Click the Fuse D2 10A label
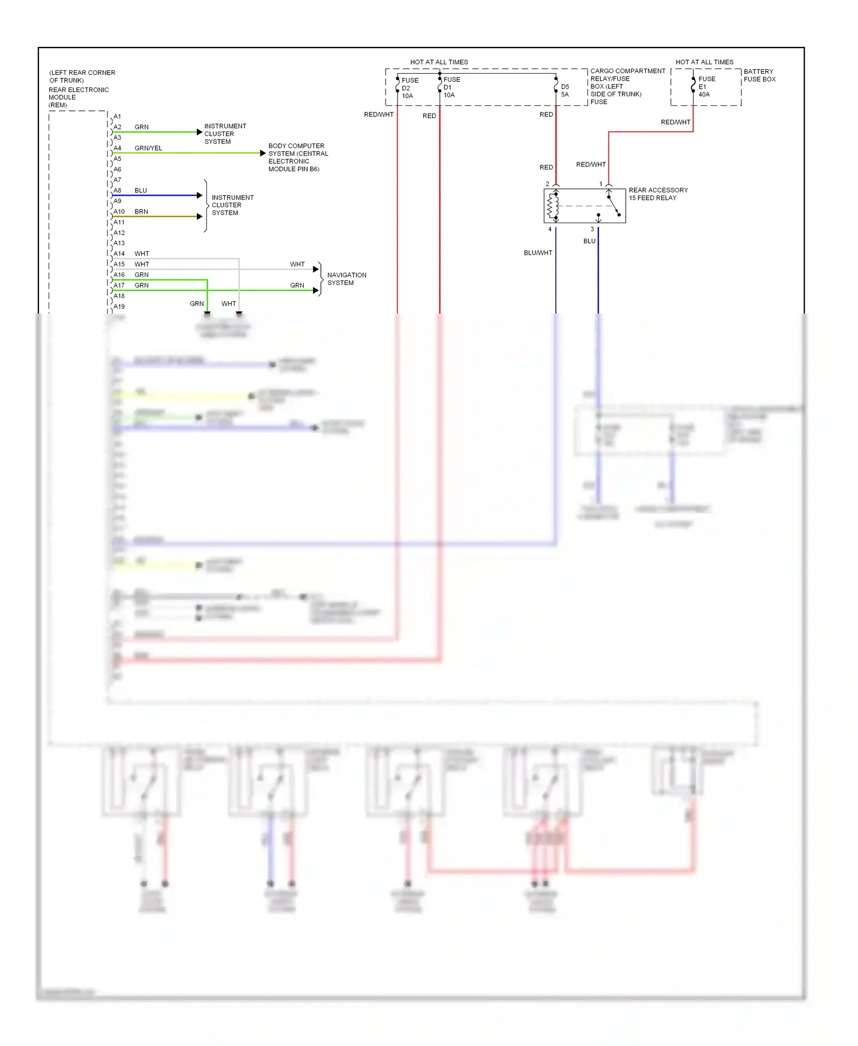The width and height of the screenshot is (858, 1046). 409,88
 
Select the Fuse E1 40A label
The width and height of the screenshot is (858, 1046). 706,86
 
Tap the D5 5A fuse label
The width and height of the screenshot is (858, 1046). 565,90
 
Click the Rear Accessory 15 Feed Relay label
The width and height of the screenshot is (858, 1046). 658,194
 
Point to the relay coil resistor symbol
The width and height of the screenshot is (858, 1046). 553,206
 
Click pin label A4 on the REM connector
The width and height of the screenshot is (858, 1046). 117,148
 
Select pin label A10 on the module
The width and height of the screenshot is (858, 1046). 119,212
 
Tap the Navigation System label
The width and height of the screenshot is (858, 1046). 347,279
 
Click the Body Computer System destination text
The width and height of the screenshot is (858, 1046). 297,157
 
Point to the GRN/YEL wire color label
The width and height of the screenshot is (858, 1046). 148,148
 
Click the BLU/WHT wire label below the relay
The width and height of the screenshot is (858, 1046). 538,253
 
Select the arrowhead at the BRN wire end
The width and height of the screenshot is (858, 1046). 200,216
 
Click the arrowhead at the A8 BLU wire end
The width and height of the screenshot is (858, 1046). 200,195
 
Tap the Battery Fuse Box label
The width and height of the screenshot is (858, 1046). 759,76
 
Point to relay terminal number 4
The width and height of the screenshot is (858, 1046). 550,229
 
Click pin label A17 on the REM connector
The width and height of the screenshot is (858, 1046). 119,286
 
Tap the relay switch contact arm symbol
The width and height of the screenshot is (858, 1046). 613,205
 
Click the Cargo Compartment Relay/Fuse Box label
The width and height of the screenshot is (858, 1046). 627,86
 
